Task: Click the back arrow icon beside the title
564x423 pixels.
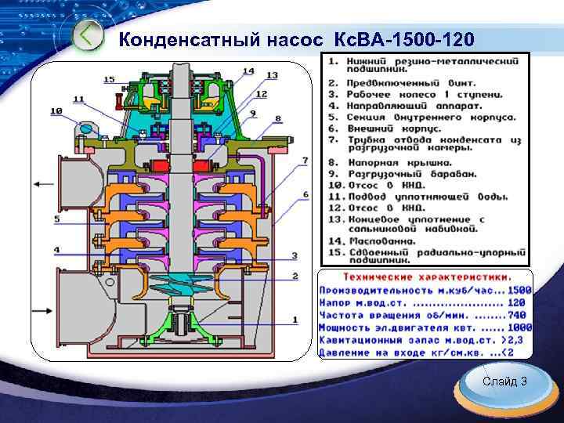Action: pos(89,36)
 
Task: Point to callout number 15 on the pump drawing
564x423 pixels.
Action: pos(108,80)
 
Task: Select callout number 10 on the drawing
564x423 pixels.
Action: pos(56,112)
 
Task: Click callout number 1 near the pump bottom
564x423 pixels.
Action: pos(295,319)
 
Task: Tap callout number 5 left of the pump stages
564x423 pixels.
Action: pos(56,219)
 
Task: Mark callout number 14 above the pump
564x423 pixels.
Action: pos(248,71)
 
